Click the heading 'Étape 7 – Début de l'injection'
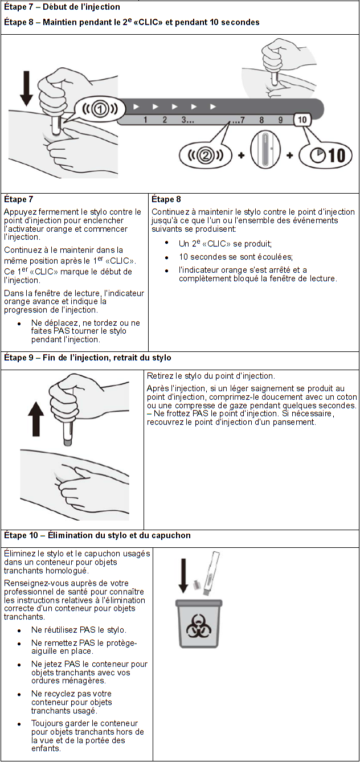click(62, 7)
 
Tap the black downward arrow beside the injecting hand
click(26, 88)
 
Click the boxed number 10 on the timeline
click(302, 120)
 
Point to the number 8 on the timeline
click(261, 120)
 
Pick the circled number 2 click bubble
click(206, 154)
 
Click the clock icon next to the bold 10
click(315, 155)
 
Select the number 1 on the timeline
click(145, 120)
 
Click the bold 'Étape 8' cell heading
click(166, 199)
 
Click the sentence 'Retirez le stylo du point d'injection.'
click(211, 376)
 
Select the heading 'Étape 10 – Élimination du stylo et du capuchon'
click(97, 536)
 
